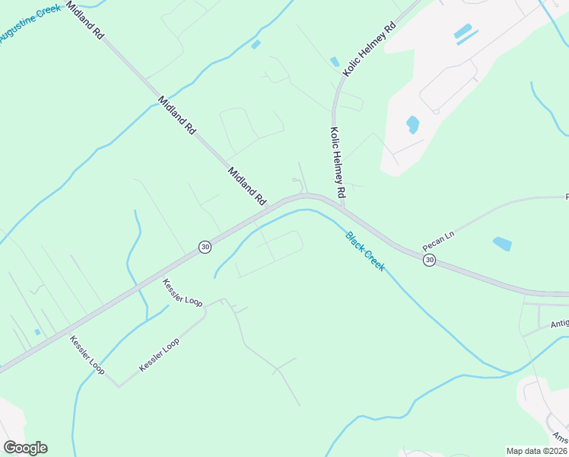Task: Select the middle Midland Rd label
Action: click(177, 116)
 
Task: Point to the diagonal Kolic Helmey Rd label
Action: click(370, 47)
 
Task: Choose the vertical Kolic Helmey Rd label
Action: click(338, 159)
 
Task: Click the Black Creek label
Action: click(365, 251)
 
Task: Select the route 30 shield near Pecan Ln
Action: click(430, 260)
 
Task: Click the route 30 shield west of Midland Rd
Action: click(205, 246)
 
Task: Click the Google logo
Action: click(25, 448)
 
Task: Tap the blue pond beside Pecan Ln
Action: click(502, 244)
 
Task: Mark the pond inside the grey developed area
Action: click(412, 123)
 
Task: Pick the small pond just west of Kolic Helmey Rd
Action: click(334, 62)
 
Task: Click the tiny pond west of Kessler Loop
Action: click(37, 332)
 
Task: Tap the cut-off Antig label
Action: click(559, 324)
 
